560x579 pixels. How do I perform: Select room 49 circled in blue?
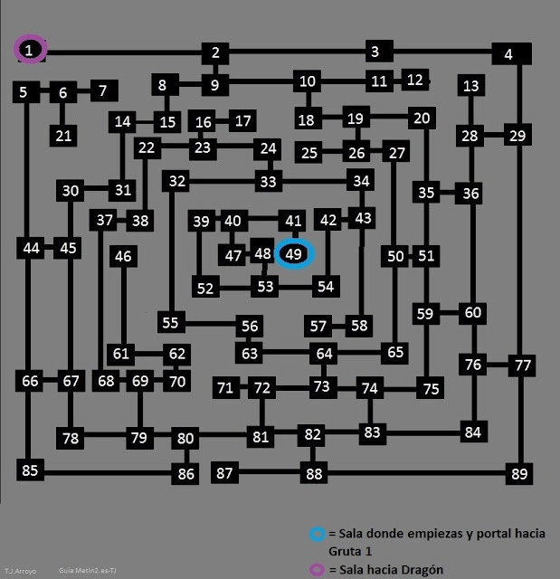pos(293,254)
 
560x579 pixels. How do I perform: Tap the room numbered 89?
pos(518,474)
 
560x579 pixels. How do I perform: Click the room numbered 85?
pos(31,470)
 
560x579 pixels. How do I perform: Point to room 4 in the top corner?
pos(509,54)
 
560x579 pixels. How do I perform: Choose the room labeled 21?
pos(62,136)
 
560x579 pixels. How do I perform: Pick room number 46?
pos(123,257)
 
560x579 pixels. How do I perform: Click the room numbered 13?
pos(470,87)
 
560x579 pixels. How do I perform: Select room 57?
pos(318,326)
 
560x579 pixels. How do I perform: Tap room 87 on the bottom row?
pos(225,473)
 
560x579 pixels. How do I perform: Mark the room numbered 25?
pos(309,152)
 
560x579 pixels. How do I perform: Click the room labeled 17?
pos(242,120)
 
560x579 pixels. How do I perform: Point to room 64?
pos(324,353)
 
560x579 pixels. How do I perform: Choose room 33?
pos(267,182)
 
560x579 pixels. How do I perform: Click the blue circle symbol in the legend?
pos(314,534)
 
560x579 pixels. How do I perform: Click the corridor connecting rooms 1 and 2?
pos(122,52)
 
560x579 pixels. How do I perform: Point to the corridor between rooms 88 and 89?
pos(416,472)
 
